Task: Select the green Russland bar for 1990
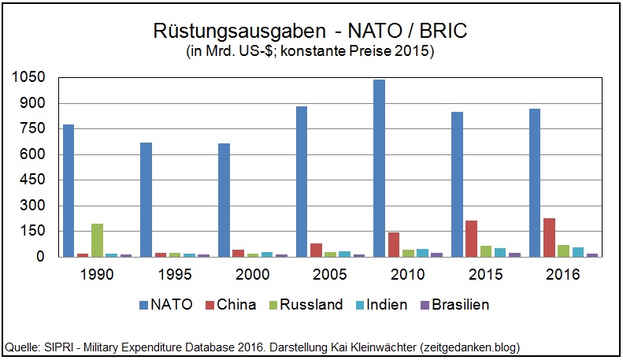pyautogui.click(x=97, y=240)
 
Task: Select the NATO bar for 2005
pyautogui.click(x=302, y=181)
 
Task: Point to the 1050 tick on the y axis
pyautogui.click(x=28, y=78)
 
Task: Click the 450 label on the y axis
pyautogui.click(x=32, y=180)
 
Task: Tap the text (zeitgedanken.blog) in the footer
pyautogui.click(x=469, y=347)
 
